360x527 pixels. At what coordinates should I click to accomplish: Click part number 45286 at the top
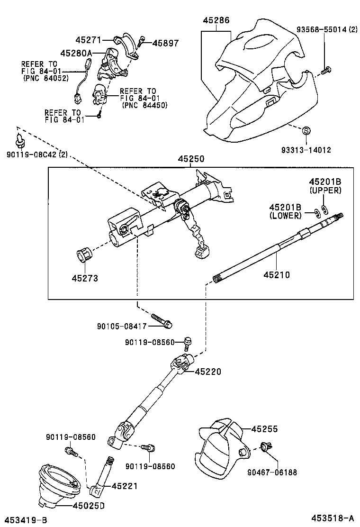click(x=216, y=21)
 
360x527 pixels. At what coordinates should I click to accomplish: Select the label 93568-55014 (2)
click(x=327, y=29)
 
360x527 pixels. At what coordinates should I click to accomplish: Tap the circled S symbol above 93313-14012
click(x=306, y=130)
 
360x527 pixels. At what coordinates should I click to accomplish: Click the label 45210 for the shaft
click(x=277, y=274)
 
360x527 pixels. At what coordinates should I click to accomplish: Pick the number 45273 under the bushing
click(x=85, y=278)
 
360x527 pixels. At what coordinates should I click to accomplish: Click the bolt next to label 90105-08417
click(x=162, y=321)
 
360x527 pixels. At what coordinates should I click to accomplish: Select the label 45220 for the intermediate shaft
click(x=208, y=372)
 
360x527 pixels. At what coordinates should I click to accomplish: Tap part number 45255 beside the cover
click(x=264, y=429)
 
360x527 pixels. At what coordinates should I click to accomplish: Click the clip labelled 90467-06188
click(x=264, y=446)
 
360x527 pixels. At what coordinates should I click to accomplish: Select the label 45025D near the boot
click(x=88, y=506)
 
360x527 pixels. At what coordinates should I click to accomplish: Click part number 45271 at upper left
click(x=89, y=41)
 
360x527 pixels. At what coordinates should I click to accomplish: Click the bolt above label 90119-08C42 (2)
click(x=19, y=140)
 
